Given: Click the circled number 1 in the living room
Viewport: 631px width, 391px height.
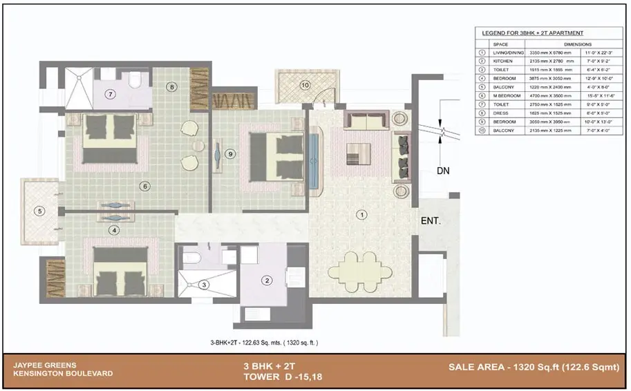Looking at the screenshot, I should click(x=360, y=215).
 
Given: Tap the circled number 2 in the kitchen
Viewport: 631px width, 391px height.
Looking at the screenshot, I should click(x=265, y=280).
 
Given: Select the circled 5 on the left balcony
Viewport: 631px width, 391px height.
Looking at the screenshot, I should click(x=40, y=211).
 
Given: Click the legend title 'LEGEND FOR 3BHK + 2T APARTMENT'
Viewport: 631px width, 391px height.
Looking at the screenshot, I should click(x=532, y=33).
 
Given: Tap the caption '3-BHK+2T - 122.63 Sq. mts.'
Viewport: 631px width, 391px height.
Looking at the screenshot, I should click(x=264, y=342).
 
